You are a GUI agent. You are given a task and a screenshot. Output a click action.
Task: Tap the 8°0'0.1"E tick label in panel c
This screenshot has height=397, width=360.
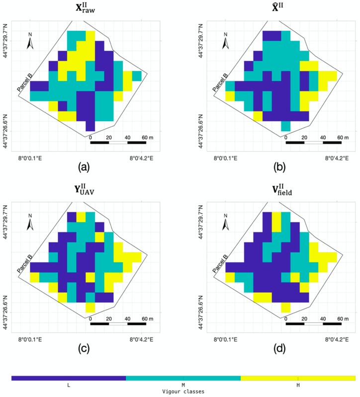(x=30, y=340)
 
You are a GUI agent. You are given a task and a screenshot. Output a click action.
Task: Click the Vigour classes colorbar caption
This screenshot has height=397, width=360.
(x=183, y=392)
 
